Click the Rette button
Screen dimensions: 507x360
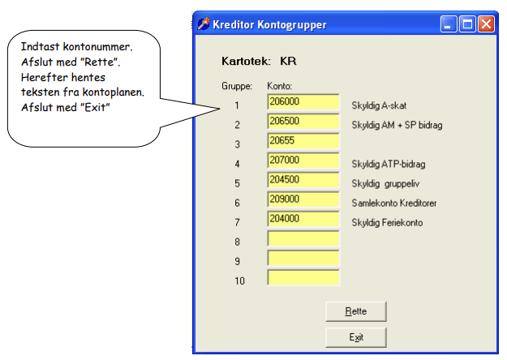click(355, 311)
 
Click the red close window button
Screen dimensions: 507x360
click(486, 24)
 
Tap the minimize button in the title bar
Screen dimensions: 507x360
click(449, 24)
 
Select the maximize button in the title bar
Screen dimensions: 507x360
click(467, 24)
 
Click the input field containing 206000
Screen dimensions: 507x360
click(303, 102)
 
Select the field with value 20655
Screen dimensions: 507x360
click(303, 141)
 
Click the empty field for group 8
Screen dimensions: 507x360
click(303, 238)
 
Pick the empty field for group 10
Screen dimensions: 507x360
click(303, 277)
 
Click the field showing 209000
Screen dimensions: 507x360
click(303, 199)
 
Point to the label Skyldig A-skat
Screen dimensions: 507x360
click(379, 105)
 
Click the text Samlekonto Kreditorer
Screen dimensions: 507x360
click(393, 203)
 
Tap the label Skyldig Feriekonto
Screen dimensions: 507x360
click(387, 223)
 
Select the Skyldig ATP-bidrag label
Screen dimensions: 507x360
click(389, 164)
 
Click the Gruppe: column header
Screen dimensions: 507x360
click(237, 86)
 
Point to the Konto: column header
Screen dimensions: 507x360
click(279, 86)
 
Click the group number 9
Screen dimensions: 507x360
click(238, 261)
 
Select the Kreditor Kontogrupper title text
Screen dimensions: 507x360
click(269, 25)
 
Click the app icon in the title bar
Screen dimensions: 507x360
click(204, 24)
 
